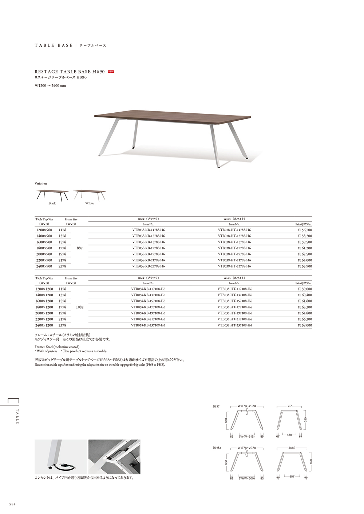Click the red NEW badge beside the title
(x=111, y=72)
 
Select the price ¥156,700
(x=305, y=230)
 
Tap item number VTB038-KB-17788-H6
(x=149, y=248)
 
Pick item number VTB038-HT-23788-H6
(x=234, y=266)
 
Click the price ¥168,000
(x=305, y=325)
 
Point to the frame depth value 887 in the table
(x=80, y=248)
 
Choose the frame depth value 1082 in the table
(x=80, y=307)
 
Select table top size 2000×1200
(x=44, y=313)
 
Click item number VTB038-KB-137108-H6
(x=148, y=295)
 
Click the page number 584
(x=12, y=504)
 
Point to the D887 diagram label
(x=216, y=406)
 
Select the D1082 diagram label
(x=217, y=448)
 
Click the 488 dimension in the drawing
(x=289, y=435)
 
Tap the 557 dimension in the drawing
(x=292, y=476)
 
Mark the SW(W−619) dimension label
(x=246, y=437)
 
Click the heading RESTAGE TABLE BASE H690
(x=70, y=72)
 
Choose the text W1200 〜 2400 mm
(x=50, y=86)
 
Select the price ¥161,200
(x=305, y=248)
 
